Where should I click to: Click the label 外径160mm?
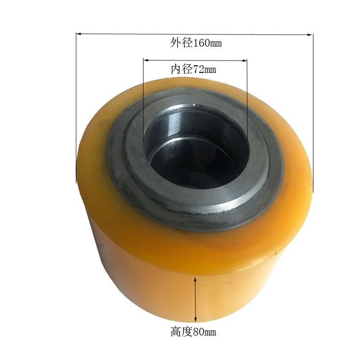click(195, 44)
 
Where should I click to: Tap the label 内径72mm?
click(193, 70)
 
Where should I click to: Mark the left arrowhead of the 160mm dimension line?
click(78, 33)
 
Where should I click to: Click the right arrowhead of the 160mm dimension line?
click(311, 35)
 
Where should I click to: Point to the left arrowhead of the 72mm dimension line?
click(145, 60)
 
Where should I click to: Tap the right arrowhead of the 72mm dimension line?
click(245, 61)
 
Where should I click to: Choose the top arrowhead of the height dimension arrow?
click(195, 279)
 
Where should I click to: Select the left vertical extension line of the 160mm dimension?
click(76, 106)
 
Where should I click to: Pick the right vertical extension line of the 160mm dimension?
click(313, 110)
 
